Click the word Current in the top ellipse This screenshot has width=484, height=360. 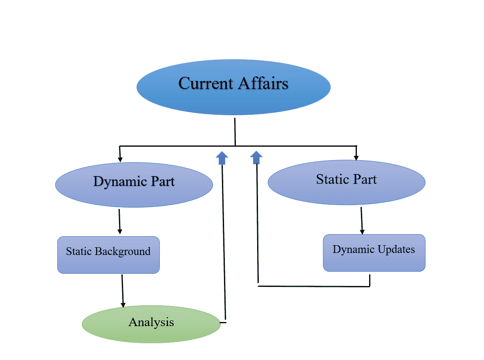(x=206, y=83)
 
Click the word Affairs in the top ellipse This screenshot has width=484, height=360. (x=263, y=83)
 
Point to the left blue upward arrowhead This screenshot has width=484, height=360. (x=222, y=157)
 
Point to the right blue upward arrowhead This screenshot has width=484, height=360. (x=256, y=157)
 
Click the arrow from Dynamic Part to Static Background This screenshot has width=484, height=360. (x=119, y=221)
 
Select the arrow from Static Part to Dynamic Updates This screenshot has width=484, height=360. (x=361, y=221)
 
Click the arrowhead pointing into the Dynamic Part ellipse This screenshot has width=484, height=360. (x=120, y=159)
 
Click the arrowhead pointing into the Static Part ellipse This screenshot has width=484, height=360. (x=356, y=157)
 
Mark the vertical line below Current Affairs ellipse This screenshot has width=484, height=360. (x=235, y=132)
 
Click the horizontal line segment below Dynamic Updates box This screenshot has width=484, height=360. (x=314, y=286)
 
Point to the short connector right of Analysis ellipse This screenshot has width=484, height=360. (x=223, y=323)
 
